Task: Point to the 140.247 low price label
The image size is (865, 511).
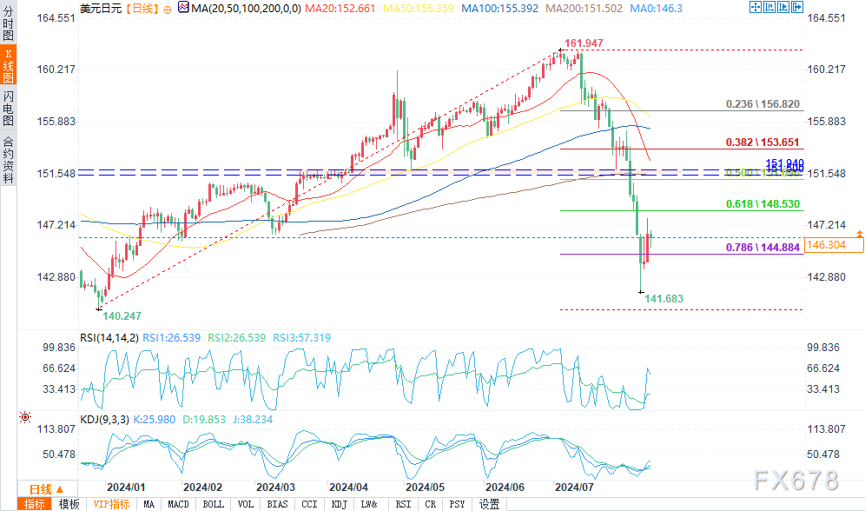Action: pyautogui.click(x=122, y=315)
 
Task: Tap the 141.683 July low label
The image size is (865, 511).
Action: pyautogui.click(x=664, y=298)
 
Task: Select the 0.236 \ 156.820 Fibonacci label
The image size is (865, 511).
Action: pyautogui.click(x=763, y=103)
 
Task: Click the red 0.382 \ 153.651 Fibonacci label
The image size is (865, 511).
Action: pyautogui.click(x=763, y=142)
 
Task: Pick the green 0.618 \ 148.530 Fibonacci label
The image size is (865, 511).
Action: pyautogui.click(x=763, y=204)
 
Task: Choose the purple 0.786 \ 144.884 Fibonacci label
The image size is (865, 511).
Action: pyautogui.click(x=763, y=248)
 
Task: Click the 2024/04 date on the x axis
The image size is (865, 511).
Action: pyautogui.click(x=350, y=488)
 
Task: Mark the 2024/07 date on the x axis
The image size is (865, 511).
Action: pyautogui.click(x=574, y=488)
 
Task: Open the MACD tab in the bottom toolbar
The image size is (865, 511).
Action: pyautogui.click(x=178, y=504)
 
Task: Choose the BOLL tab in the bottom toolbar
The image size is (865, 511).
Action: pyautogui.click(x=212, y=504)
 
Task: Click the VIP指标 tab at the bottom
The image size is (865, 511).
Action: pyautogui.click(x=110, y=504)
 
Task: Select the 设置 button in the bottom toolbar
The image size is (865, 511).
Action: pyautogui.click(x=489, y=504)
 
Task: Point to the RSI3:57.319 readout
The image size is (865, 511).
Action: pyautogui.click(x=298, y=337)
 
